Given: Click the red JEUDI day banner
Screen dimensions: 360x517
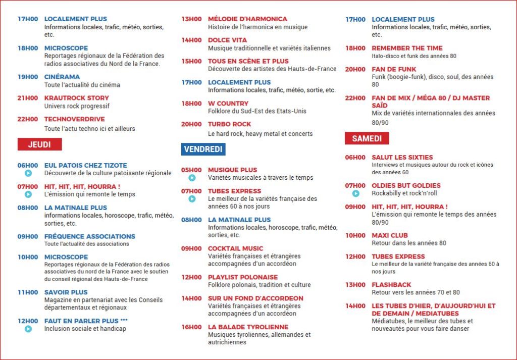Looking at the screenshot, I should [39, 144].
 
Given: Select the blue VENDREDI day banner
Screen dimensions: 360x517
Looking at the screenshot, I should [203, 149].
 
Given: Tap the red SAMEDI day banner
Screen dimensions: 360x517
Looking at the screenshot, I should [367, 138].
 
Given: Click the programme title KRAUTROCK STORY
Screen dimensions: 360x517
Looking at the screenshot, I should [76, 98].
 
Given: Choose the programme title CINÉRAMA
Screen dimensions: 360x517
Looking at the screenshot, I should [62, 77].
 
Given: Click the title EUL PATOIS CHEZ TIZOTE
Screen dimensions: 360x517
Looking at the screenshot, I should [85, 165].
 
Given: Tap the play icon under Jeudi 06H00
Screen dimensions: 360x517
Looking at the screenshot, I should [28, 173].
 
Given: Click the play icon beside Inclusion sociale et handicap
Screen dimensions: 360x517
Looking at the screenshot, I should [28, 329].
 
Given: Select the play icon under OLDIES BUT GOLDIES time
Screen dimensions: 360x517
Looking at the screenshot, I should [356, 193].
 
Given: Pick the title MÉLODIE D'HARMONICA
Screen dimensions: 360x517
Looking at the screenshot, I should [247, 19].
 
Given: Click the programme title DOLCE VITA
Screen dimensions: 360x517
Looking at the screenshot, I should [228, 40].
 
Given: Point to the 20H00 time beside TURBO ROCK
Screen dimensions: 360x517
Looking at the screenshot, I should [191, 124].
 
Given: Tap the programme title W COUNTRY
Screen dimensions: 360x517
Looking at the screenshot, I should [228, 103].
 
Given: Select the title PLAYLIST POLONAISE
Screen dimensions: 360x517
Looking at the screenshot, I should [243, 277].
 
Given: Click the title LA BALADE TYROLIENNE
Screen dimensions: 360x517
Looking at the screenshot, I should [248, 327].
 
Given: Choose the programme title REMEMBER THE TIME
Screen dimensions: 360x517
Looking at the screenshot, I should [407, 48].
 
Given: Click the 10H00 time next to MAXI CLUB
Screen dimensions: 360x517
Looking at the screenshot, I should [355, 235].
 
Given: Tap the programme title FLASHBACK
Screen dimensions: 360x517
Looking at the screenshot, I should [391, 285].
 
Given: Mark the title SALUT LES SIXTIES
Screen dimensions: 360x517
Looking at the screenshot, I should [402, 157].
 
